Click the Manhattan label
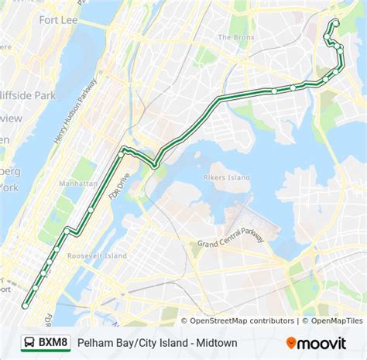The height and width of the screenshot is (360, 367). point(77,183)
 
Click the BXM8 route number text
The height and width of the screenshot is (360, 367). point(53,341)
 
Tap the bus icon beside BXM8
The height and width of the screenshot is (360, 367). point(28,341)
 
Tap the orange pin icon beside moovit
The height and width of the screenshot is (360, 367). point(291,341)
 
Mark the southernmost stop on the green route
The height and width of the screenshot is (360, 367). point(25,306)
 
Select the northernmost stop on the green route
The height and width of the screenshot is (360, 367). point(334,21)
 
